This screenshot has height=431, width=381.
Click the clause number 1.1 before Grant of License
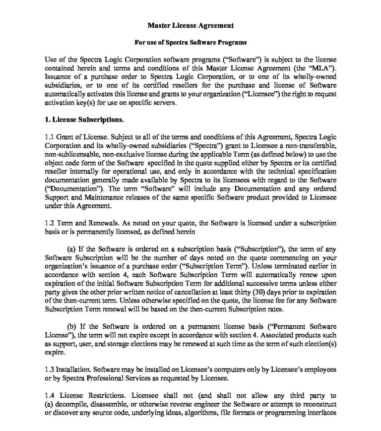[x=49, y=137]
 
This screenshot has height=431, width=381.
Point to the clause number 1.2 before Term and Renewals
[x=49, y=225]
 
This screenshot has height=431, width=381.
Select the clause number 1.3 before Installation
[x=49, y=370]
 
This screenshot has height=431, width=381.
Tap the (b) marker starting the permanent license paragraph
[x=72, y=326]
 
